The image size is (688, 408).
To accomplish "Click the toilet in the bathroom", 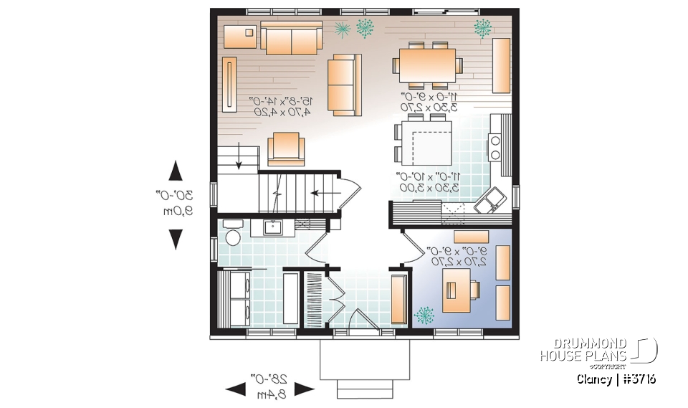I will pyautogui.click(x=232, y=236).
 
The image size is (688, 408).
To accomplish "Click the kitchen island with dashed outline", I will pyautogui.click(x=427, y=142).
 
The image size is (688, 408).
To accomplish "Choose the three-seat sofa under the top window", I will pyautogui.click(x=291, y=38).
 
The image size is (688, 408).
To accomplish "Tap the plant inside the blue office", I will pyautogui.click(x=425, y=315).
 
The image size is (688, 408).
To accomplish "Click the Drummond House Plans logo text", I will pyautogui.click(x=583, y=351).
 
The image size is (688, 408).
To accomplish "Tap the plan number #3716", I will pyautogui.click(x=638, y=379).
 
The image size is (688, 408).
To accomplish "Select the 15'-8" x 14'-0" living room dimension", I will pyautogui.click(x=280, y=106).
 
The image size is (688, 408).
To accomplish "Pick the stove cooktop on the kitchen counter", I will pyautogui.click(x=494, y=147).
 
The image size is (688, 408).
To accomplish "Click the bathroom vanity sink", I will pyautogui.click(x=272, y=227).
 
